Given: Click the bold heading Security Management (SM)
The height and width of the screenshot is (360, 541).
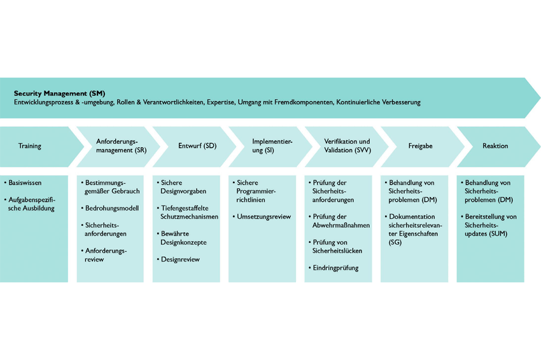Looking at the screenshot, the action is coord(59,93).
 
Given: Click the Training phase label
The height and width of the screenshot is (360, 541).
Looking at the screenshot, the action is coord(30,146).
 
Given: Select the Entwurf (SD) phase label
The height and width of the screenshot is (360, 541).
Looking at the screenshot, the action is coord(197,146).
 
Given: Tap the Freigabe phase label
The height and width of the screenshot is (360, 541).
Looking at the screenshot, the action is coord(420,146).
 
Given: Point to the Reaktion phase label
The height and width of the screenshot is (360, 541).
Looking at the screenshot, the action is coord(495,146).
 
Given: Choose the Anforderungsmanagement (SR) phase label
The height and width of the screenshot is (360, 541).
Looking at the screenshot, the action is coord(122,146).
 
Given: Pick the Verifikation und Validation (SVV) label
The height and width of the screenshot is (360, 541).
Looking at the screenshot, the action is coord(348,146).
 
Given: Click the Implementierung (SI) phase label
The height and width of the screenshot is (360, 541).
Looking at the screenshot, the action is coord(272,146).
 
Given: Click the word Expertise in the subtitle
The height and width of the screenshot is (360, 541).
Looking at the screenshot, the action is coord(220,102).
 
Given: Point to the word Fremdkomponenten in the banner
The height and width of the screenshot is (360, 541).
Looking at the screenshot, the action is coord(304,102).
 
